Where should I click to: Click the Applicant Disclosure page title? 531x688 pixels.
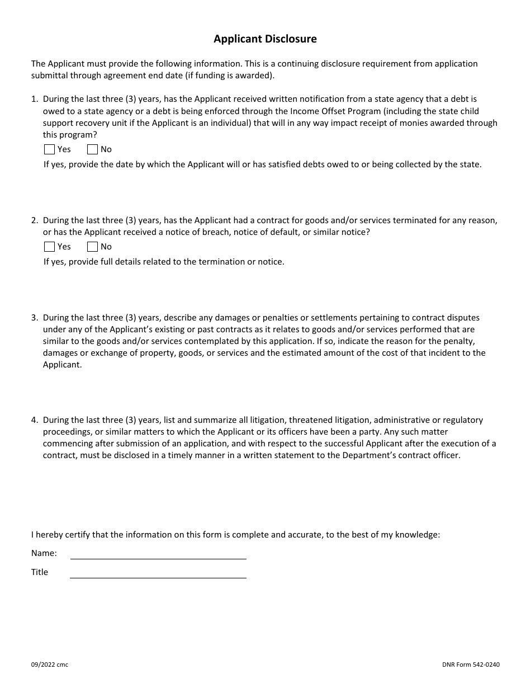pyautogui.click(x=265, y=39)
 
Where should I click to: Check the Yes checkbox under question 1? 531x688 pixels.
pyautogui.click(x=49, y=149)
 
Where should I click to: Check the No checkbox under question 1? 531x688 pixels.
pyautogui.click(x=93, y=149)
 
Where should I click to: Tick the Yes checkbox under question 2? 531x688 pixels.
pyautogui.click(x=49, y=247)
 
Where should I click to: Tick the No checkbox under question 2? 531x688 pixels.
pyautogui.click(x=93, y=247)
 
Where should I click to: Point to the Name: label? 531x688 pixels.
pyautogui.click(x=44, y=553)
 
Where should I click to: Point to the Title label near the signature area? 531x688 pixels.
pyautogui.click(x=40, y=572)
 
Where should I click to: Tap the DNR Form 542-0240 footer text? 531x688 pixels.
pyautogui.click(x=471, y=665)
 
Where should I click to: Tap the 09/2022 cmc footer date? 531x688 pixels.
pyautogui.click(x=50, y=665)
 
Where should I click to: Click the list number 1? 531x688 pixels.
pyautogui.click(x=34, y=100)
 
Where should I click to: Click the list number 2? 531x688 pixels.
pyautogui.click(x=34, y=220)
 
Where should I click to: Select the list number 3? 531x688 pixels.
pyautogui.click(x=34, y=318)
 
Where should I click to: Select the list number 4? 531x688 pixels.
pyautogui.click(x=34, y=420)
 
